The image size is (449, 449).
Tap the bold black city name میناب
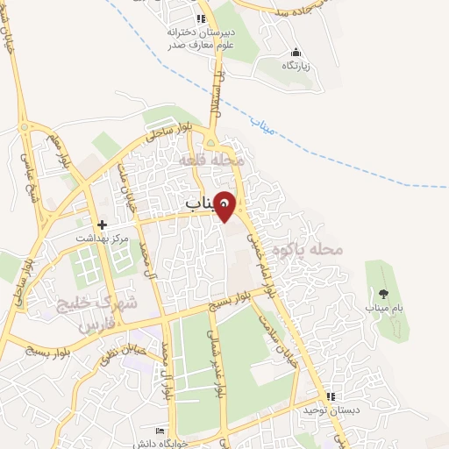[x=200, y=203]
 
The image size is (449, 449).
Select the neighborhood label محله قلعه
[x=210, y=161]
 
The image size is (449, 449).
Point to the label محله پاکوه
[x=305, y=249]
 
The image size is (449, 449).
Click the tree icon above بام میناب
[x=382, y=293]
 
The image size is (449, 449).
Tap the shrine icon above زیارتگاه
[x=296, y=52]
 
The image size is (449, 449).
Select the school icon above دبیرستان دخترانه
[x=201, y=18]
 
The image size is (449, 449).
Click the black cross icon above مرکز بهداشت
[x=102, y=224]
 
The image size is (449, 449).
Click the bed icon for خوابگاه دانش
[x=159, y=431]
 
